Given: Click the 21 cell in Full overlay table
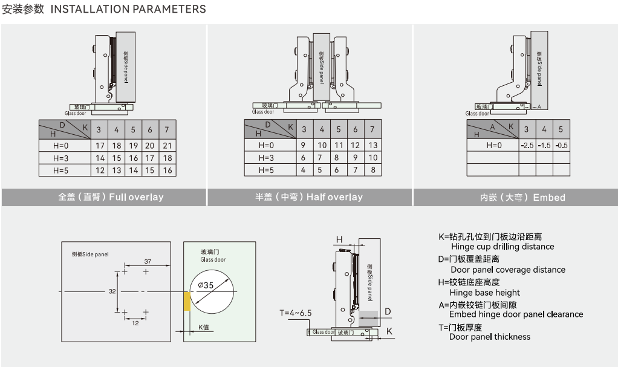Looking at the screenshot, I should pos(168,145).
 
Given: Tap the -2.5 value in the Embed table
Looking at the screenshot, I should pos(527,145).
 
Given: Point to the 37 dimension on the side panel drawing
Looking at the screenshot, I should pos(147,261).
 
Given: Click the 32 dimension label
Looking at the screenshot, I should pos(112,291).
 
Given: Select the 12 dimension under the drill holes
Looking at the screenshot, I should pos(135,323).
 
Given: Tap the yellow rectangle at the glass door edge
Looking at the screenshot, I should pos(187,300).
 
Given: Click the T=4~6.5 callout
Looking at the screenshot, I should pos(296,313).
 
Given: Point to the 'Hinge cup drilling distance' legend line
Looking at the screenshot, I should pos(502,247).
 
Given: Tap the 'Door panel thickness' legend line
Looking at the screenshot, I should pos(489,337).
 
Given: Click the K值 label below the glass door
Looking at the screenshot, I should pos(204,327).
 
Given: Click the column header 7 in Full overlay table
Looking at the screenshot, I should pos(168,129).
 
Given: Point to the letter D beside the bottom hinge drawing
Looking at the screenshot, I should pos(388,311).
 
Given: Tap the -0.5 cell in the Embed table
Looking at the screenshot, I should pos(561,145).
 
